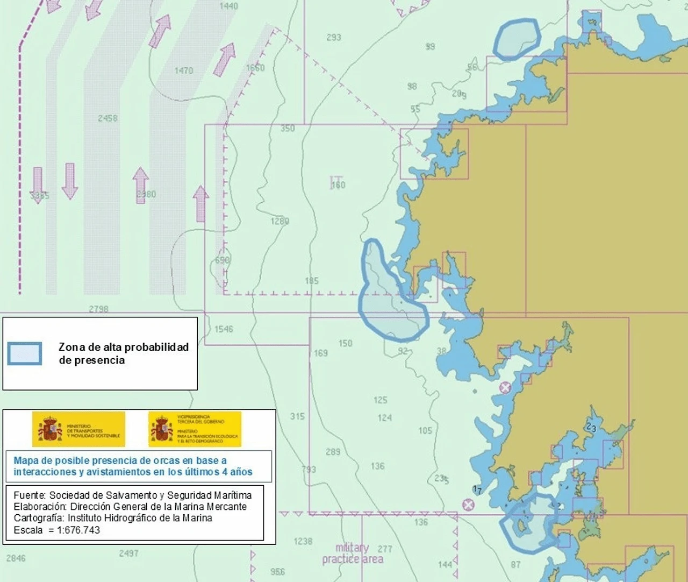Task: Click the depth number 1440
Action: [x=228, y=6]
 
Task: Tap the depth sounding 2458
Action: [x=107, y=118]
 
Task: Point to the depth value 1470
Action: [x=184, y=71]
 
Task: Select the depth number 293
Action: [x=334, y=38]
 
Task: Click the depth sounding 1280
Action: [x=279, y=221]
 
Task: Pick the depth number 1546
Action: [x=224, y=329]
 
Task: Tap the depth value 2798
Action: [x=98, y=309]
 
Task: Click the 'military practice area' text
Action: [x=353, y=553]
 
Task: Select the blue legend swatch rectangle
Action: [x=25, y=354]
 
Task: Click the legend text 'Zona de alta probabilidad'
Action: [x=124, y=347]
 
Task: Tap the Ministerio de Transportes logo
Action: [x=79, y=429]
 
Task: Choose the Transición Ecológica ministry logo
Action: [x=195, y=429]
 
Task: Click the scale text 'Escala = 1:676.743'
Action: [x=57, y=530]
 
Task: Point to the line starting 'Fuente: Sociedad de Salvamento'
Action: [x=132, y=495]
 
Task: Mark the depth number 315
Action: [x=297, y=416]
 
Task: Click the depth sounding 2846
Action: [x=16, y=558]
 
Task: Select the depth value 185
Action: [x=312, y=281]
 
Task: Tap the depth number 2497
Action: [x=128, y=553]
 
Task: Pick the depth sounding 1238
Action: [x=303, y=542]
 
